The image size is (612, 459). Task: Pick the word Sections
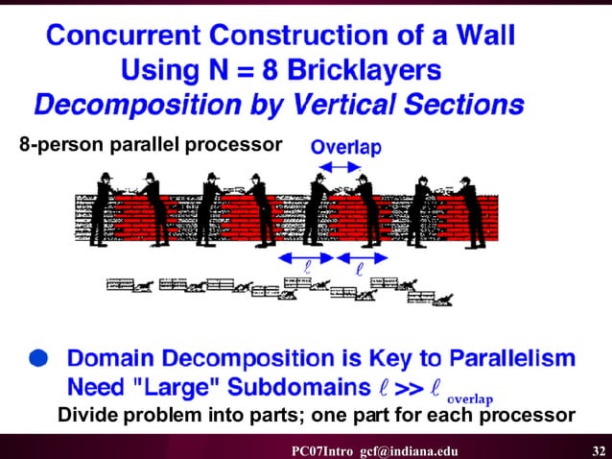point(459,104)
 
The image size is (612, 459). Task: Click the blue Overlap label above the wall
point(346,147)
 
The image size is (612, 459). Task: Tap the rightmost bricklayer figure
point(470,207)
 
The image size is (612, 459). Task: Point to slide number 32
point(598,450)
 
